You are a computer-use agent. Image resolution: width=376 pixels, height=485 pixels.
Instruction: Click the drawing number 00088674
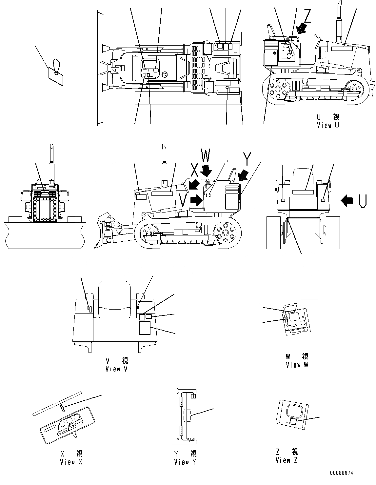click(342, 473)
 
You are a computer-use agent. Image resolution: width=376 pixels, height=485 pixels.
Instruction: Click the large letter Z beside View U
click(307, 16)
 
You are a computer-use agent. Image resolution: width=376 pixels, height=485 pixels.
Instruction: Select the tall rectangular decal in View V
click(145, 328)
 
